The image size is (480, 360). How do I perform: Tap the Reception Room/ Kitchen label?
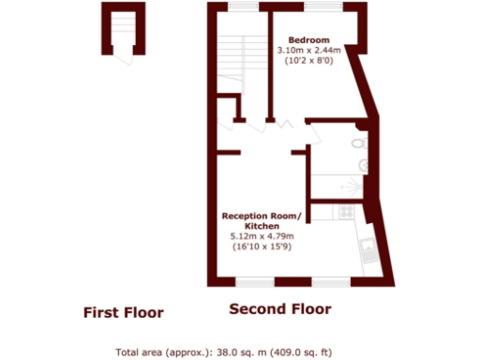[262, 221]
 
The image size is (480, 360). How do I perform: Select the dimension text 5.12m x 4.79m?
[262, 236]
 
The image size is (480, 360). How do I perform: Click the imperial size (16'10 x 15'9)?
[262, 247]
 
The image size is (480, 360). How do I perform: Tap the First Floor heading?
[123, 312]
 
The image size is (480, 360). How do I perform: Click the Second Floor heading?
[279, 308]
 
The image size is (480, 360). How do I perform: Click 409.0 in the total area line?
[292, 352]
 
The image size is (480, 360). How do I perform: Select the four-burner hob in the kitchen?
[347, 212]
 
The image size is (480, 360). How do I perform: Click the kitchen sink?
[367, 247]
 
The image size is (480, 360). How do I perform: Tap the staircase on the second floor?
[229, 60]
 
